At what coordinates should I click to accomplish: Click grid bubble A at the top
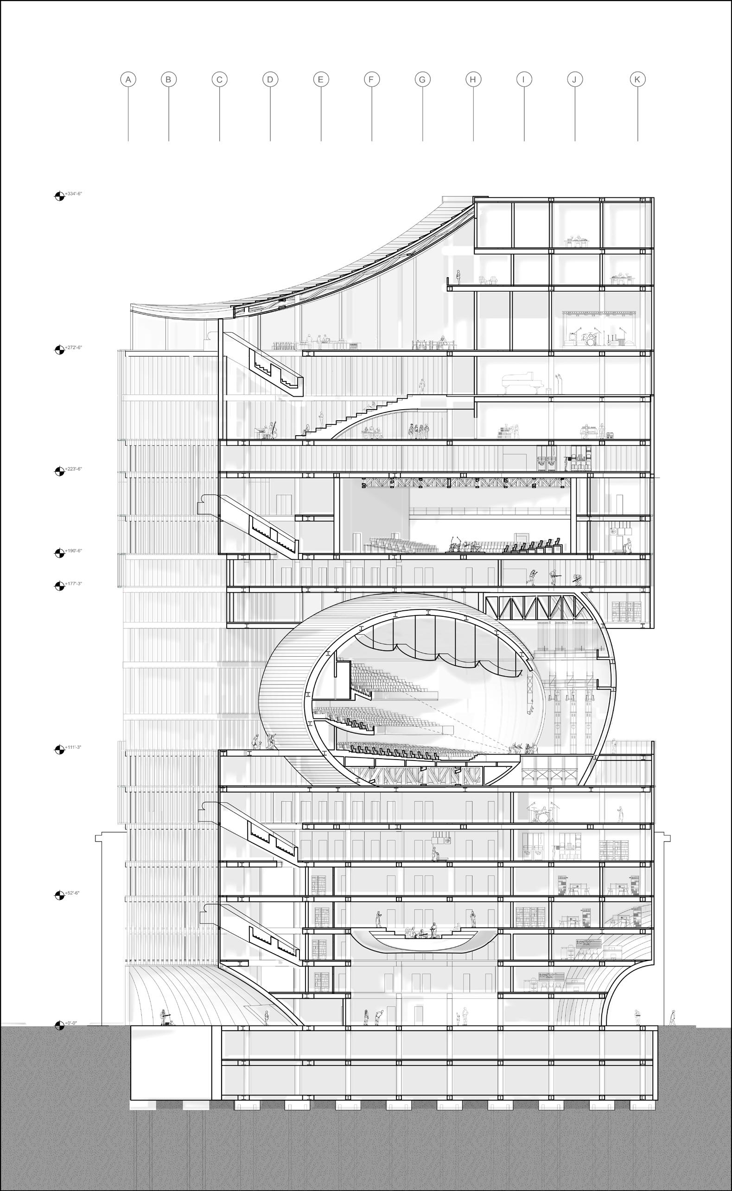click(128, 79)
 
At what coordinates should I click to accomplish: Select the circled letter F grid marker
click(371, 79)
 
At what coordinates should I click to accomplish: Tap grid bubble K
click(637, 79)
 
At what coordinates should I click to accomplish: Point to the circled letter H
click(473, 79)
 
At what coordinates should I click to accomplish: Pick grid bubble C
click(219, 79)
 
